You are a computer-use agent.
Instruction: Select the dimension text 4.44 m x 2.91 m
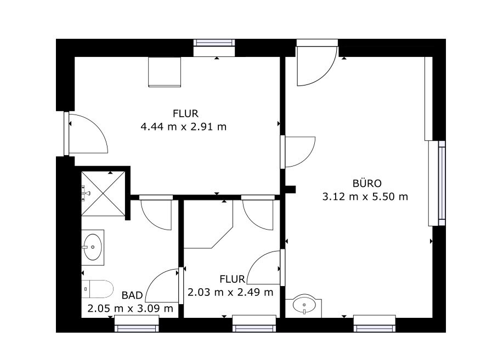click(x=184, y=127)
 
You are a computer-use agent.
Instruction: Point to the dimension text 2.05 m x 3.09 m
click(x=131, y=308)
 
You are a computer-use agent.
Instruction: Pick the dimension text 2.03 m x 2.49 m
click(x=230, y=292)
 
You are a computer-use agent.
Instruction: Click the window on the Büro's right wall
click(x=442, y=183)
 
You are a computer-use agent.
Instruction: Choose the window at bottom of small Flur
click(x=254, y=324)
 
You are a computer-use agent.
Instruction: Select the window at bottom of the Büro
click(x=375, y=324)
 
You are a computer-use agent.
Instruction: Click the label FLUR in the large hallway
click(x=185, y=114)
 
